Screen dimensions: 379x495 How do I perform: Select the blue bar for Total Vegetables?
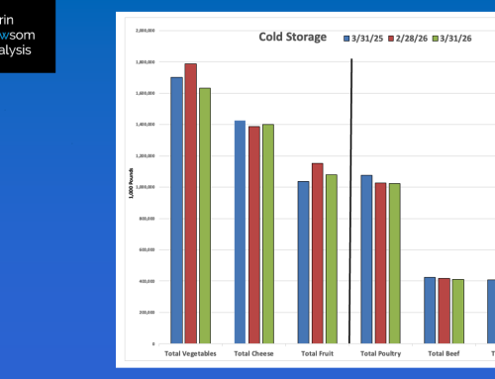point(176,209)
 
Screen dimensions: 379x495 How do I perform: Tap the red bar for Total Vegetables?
point(190,202)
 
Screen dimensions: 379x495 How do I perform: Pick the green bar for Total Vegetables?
point(204,215)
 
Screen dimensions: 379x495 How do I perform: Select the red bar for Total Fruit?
point(317,252)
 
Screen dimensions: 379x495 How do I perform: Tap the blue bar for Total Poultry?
point(366,258)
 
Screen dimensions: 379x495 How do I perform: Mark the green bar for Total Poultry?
point(394,262)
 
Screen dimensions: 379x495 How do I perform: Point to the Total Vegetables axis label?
point(190,352)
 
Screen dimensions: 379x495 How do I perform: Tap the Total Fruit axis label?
point(317,352)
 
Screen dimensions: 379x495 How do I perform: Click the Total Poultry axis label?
point(380,352)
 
